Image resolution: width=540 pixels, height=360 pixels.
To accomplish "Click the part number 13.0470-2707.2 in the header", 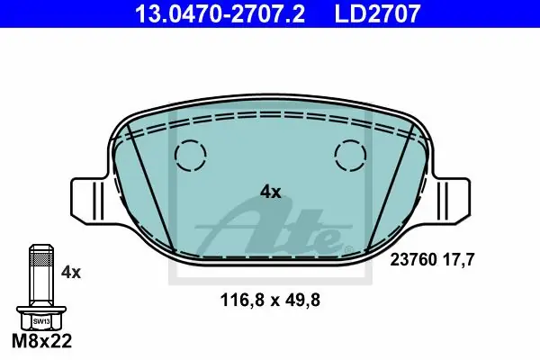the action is click(220, 13).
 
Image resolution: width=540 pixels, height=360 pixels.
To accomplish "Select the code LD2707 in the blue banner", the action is click(377, 13).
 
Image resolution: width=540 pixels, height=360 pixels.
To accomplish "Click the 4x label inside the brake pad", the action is click(270, 192).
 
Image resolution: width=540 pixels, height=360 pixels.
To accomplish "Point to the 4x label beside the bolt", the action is click(71, 273).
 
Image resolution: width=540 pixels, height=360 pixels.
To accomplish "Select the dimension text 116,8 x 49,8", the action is click(270, 300).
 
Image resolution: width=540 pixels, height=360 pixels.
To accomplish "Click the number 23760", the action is click(413, 259).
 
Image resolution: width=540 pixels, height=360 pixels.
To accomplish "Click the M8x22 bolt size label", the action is click(42, 341).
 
